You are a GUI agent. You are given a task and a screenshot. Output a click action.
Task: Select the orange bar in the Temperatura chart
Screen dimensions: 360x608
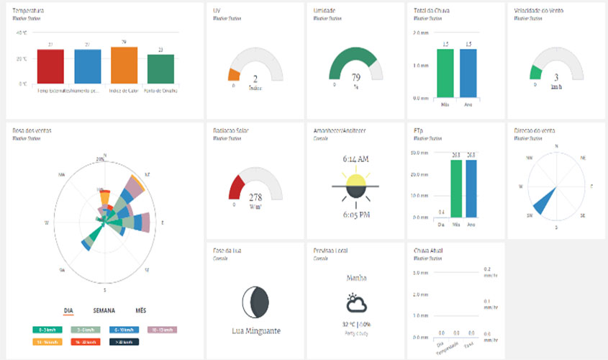tap(124, 66)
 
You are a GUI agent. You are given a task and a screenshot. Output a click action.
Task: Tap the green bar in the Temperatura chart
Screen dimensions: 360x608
tap(160, 69)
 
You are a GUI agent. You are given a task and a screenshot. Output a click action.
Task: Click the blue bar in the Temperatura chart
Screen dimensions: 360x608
tap(87, 66)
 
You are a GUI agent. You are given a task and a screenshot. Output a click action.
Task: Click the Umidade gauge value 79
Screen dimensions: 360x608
tap(355, 77)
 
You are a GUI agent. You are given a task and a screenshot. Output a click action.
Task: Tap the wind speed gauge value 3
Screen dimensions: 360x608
tap(555, 77)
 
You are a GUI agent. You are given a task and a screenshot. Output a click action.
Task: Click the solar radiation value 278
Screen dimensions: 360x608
tap(255, 197)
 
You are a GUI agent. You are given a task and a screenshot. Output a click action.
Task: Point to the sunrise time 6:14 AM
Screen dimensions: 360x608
tap(355, 158)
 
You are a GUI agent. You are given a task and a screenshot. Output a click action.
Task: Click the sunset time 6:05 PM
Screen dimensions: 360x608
tap(355, 215)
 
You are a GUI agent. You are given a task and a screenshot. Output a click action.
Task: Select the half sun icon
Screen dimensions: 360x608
tap(355, 186)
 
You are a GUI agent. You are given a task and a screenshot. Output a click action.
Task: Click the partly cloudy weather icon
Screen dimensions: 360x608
tap(355, 302)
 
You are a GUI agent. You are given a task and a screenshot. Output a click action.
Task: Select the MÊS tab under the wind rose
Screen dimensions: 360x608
tap(140, 310)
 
